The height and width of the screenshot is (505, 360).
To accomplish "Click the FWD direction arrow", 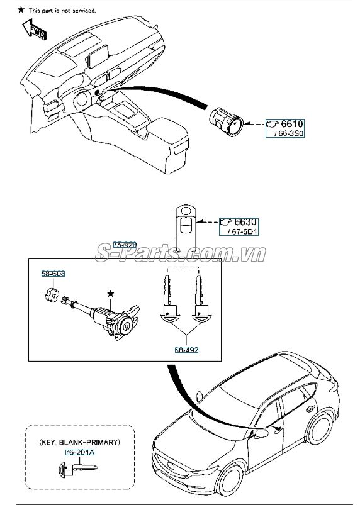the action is click(34, 29).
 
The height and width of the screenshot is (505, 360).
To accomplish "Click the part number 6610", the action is click(291, 124).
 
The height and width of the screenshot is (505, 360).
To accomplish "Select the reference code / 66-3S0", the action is click(289, 133).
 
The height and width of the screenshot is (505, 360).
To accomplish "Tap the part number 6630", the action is click(245, 222).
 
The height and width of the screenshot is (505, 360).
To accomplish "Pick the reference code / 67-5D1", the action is click(242, 231).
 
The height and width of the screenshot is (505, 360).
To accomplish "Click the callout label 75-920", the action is click(125, 245).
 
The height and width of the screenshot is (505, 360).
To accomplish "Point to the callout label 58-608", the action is click(53, 274).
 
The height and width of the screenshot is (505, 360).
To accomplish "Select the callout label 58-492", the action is click(186, 350).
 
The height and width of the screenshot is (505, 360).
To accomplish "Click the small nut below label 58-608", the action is click(52, 294).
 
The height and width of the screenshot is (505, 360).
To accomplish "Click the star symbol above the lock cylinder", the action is click(111, 294).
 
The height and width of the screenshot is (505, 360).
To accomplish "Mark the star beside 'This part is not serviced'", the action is click(21, 9).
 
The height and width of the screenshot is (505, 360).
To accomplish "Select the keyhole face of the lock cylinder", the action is click(125, 328).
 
